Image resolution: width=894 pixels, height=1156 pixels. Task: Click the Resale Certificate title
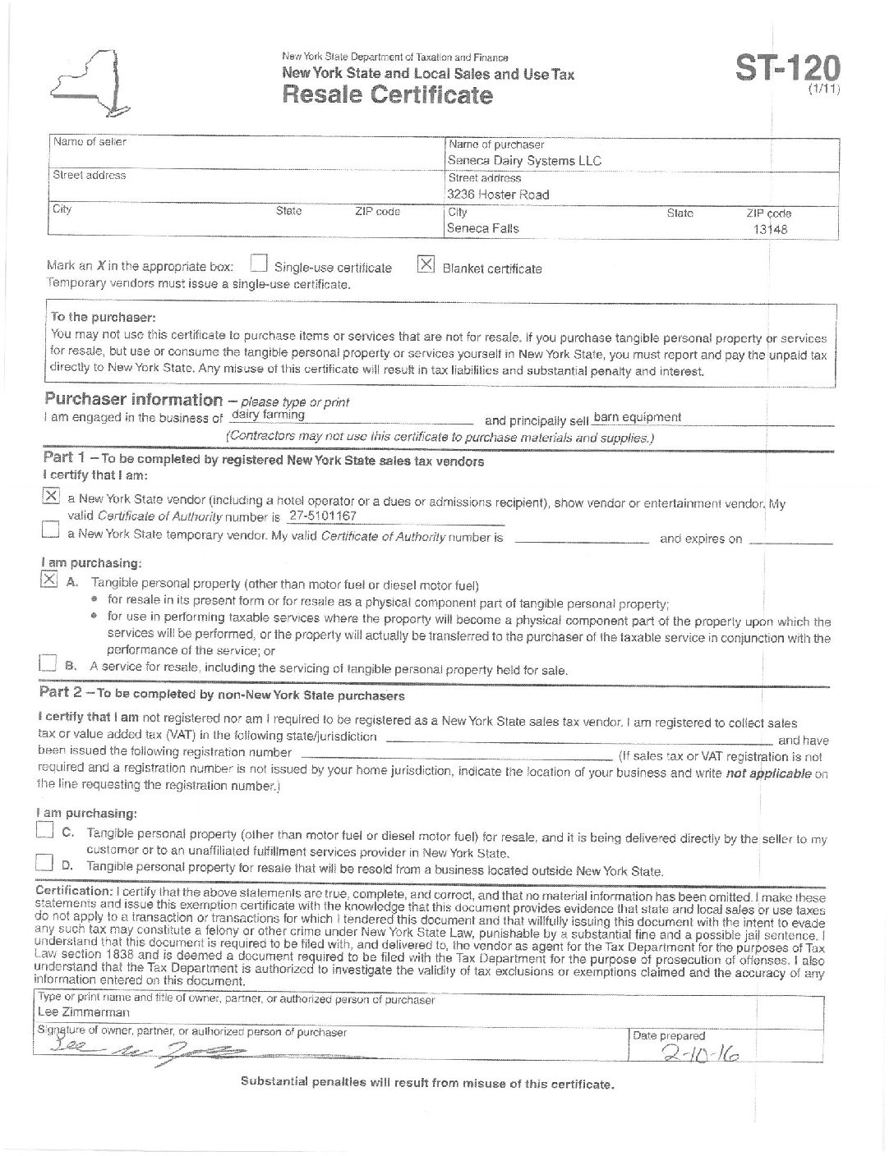pos(388,95)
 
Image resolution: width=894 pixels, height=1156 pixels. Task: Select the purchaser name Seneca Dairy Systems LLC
pos(524,161)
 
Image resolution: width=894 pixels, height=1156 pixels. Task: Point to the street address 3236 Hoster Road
pos(498,195)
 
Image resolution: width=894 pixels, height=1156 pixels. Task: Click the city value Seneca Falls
pos(483,228)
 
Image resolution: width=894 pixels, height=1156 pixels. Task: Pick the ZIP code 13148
pos(771,230)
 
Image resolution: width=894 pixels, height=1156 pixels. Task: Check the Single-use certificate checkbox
pos(259,264)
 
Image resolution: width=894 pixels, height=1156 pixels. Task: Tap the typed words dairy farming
pos(268,415)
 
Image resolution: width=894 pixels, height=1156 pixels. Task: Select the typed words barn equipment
pos(637,417)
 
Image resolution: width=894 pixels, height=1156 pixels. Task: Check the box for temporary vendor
pos(50,532)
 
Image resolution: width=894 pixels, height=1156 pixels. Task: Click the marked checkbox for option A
pos(49,580)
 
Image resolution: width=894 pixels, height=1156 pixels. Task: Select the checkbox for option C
pos(44,832)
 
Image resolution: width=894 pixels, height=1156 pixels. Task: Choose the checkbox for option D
pos(44,863)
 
